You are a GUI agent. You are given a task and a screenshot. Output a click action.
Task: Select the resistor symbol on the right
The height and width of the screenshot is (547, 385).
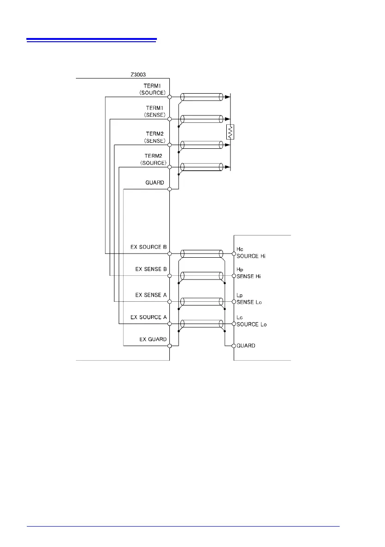(230, 132)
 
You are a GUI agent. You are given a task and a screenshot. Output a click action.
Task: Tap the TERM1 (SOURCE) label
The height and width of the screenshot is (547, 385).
(153, 89)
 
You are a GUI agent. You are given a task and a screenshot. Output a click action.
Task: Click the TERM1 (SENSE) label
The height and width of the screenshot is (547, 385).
(153, 111)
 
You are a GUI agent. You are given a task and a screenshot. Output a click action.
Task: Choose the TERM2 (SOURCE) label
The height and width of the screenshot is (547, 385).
(153, 159)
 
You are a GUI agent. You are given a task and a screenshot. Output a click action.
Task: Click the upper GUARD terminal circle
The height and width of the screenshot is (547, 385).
(170, 189)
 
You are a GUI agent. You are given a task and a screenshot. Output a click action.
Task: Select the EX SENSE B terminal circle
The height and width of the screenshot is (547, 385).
(170, 276)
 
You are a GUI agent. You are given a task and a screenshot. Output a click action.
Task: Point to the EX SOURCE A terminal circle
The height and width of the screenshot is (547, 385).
(170, 323)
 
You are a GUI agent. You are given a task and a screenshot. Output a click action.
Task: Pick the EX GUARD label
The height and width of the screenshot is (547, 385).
(153, 339)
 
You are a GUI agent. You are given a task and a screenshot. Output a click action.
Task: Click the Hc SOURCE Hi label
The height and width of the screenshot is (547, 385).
(251, 253)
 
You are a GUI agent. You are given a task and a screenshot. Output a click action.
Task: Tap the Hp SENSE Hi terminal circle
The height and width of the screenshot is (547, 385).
(234, 276)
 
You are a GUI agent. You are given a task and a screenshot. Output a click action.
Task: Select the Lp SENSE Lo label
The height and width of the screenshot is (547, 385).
(248, 299)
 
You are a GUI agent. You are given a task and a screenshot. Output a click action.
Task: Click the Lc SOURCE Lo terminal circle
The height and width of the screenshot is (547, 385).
(234, 323)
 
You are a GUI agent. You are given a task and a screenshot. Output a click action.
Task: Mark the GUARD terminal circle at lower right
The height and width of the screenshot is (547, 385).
(234, 346)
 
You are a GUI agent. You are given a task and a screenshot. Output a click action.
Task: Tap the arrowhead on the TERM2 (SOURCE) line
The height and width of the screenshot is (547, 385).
(227, 167)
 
